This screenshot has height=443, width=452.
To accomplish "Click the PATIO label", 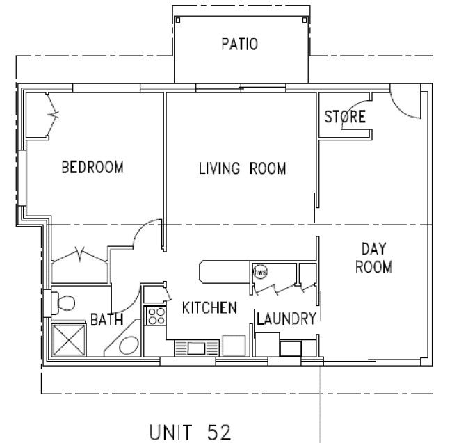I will [x=240, y=45].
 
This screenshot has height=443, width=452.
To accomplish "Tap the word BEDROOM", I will [x=92, y=168].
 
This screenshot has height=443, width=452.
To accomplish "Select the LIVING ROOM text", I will [x=243, y=168].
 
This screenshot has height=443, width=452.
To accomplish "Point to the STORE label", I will [x=344, y=116].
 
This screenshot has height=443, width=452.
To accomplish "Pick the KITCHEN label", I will [x=209, y=307].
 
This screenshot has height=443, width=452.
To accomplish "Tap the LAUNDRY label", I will [x=286, y=319].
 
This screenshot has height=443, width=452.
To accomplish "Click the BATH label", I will [x=107, y=320].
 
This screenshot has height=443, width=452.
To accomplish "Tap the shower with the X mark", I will [x=69, y=340].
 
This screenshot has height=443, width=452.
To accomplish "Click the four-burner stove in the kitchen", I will [x=155, y=316].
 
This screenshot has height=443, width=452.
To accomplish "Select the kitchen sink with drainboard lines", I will [x=195, y=347].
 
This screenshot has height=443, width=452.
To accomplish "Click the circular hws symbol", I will [x=260, y=272].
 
